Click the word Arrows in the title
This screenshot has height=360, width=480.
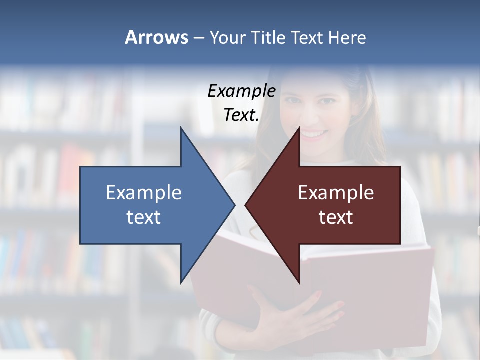(x=156, y=37)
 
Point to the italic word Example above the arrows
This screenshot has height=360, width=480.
(x=241, y=91)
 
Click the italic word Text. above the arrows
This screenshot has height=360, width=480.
(x=241, y=115)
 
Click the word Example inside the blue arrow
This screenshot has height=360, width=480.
(x=144, y=193)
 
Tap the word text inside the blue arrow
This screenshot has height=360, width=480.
(x=144, y=217)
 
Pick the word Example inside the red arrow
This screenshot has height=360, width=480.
(x=336, y=193)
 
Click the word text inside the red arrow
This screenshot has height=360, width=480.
(x=336, y=217)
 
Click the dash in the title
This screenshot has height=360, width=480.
(x=198, y=38)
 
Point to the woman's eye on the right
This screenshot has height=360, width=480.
(x=327, y=101)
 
